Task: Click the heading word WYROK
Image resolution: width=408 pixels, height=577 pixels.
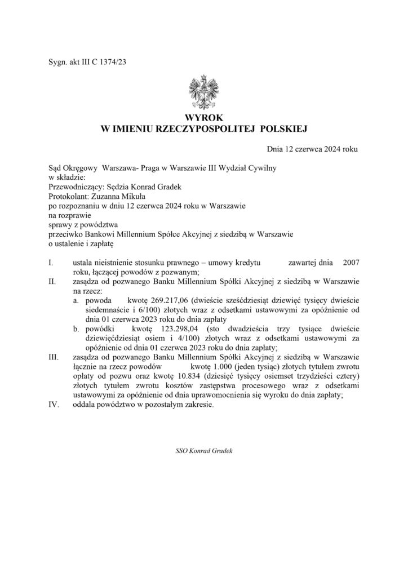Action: point(204,119)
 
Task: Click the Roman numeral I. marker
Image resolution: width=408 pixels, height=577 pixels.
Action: point(52,263)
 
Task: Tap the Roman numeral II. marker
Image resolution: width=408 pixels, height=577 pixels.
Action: point(52,282)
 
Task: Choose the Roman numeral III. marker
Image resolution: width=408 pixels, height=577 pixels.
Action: point(54,357)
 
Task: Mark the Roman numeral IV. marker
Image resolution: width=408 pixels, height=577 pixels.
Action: point(54,404)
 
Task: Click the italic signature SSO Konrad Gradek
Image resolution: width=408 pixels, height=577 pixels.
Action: point(204,451)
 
